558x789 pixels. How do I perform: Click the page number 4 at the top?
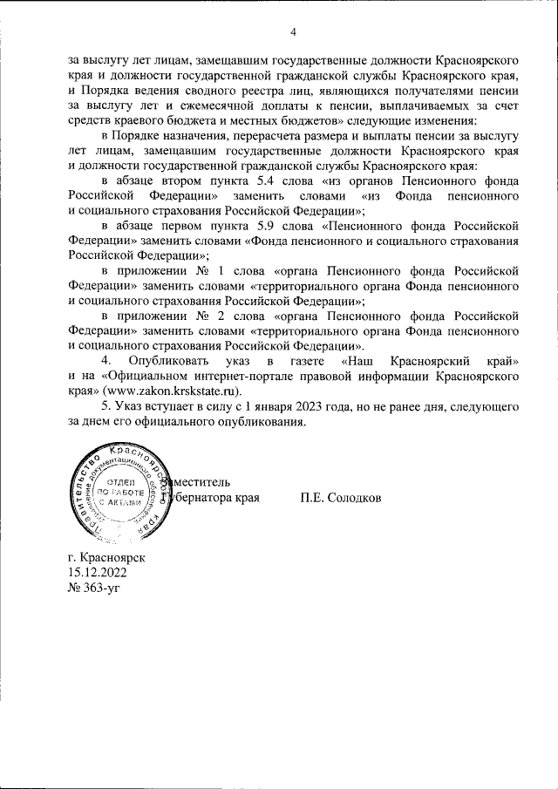293,32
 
